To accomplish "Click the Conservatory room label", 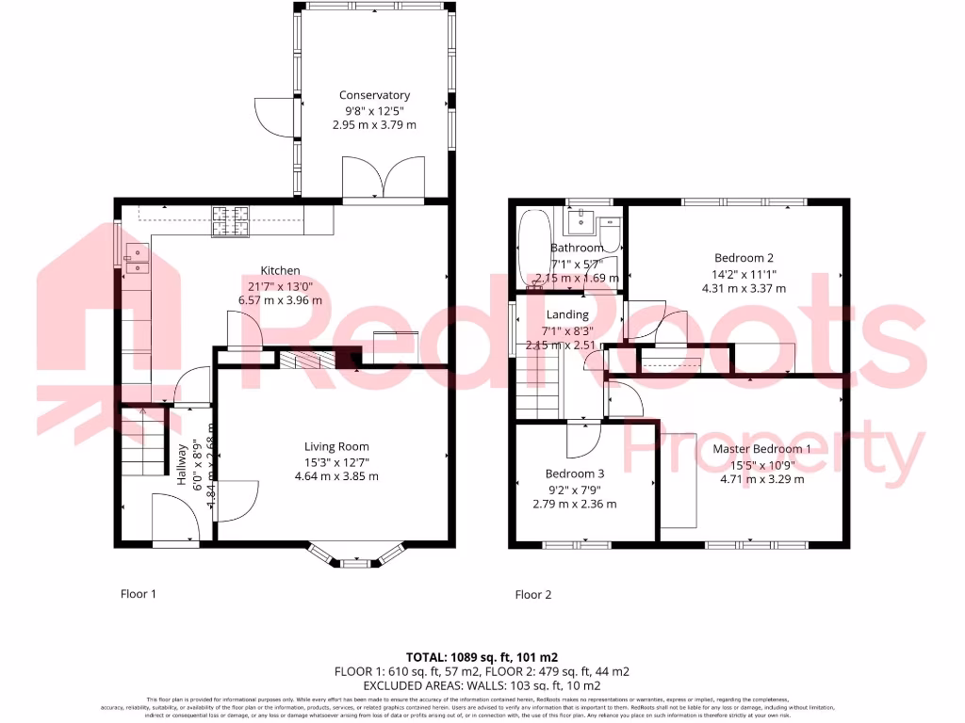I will click(374, 95).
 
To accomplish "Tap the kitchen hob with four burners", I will click(231, 220).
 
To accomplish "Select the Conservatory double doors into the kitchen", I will click(383, 179).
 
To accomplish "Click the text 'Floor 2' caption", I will click(532, 594).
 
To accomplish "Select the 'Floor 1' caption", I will click(138, 594).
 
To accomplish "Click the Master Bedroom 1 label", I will click(761, 449).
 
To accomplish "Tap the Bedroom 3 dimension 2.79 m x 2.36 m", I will click(575, 504).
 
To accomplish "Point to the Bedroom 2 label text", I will click(744, 258).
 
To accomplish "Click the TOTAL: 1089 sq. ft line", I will click(482, 655).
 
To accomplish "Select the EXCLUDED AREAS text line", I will click(482, 686).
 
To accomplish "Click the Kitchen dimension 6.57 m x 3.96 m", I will click(281, 300).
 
